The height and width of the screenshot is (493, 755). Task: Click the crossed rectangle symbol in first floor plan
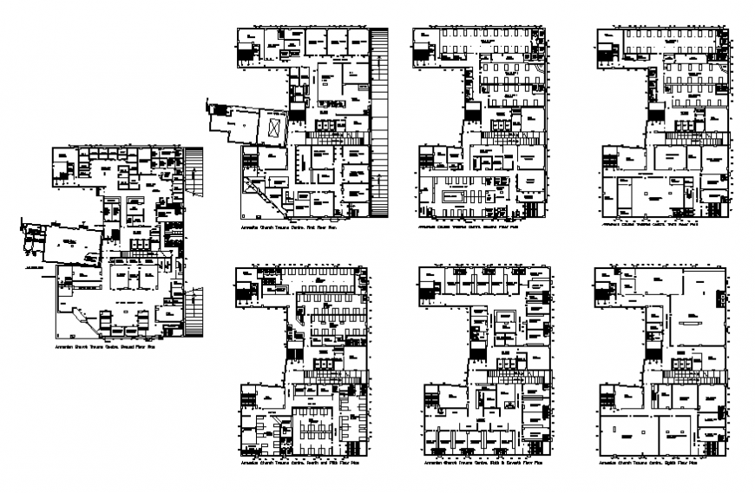(x=274, y=128)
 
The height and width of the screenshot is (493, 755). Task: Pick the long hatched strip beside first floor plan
(x=379, y=122)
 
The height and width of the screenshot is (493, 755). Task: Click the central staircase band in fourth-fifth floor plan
(x=330, y=373)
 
